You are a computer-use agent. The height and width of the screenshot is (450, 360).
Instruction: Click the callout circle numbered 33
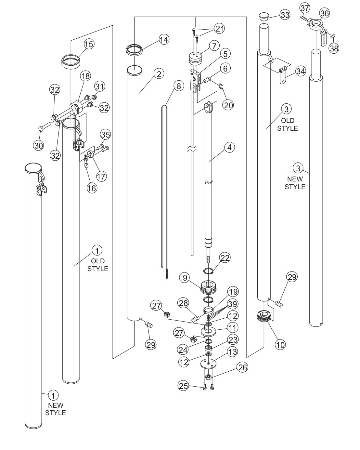pos(285,15)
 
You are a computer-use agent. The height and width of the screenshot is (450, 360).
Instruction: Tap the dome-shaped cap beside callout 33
pos(264,16)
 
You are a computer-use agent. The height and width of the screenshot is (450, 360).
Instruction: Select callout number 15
pos(89,44)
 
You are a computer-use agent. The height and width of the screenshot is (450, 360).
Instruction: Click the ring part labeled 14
pos(134,50)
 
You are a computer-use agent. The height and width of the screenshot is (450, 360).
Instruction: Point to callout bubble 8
pos(178,86)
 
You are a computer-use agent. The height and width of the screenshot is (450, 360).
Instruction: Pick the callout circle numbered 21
pos(220,29)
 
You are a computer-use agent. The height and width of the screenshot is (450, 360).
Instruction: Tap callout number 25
pos(183,386)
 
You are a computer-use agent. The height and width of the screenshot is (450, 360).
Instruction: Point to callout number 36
pos(324,13)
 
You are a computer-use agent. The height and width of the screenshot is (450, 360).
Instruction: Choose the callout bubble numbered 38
pos(334,48)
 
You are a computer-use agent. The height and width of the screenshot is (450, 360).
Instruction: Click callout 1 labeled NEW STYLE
pos(53,395)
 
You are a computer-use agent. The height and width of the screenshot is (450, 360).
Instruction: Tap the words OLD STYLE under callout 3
pos(287,124)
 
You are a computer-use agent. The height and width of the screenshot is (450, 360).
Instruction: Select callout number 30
pos(39,146)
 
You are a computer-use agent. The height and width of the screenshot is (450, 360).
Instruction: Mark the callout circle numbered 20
pos(228,104)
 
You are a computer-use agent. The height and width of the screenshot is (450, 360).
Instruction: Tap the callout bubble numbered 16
pos(92,188)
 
